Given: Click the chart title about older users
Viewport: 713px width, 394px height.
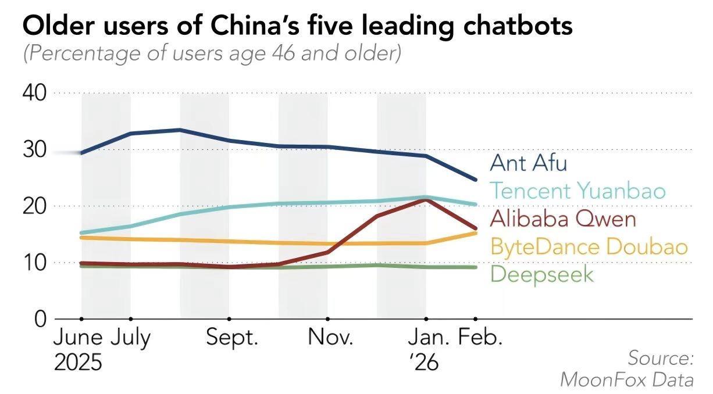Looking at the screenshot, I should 297,26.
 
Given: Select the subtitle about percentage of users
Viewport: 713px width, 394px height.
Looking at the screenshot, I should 212,54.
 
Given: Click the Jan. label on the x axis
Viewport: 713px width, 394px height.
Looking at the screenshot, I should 428,338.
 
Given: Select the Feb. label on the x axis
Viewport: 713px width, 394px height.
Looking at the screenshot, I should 480,338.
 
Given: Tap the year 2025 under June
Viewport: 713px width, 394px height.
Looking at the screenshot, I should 79,363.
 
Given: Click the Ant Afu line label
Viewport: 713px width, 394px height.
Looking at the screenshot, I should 528,163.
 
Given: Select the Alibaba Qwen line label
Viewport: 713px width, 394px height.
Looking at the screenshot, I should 563,219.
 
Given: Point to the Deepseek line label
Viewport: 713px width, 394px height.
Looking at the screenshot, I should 543,274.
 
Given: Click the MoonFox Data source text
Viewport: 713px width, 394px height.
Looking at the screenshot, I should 626,380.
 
